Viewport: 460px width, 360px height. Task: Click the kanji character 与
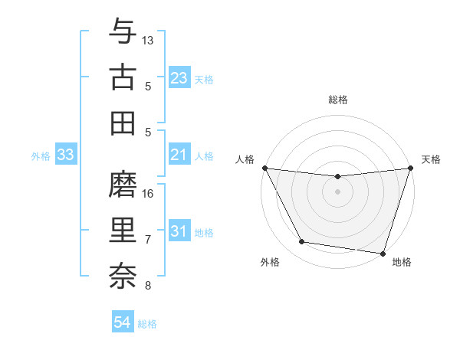123,32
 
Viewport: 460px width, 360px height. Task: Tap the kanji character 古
123,77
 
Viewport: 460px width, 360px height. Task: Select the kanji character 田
123,123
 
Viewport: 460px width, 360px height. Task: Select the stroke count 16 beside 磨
149,193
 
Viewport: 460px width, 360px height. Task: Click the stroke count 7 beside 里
148,240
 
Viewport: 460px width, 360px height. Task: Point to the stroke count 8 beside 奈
148,286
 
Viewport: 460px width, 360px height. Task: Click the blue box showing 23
179,78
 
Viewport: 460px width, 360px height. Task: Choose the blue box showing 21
179,155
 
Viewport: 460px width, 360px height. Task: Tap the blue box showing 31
179,232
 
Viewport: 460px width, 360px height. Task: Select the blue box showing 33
65,155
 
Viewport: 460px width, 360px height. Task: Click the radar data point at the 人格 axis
264,168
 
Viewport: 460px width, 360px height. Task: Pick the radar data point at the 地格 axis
383,253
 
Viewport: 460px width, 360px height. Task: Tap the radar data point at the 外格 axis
302,242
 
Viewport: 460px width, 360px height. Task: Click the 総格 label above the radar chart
337,100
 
